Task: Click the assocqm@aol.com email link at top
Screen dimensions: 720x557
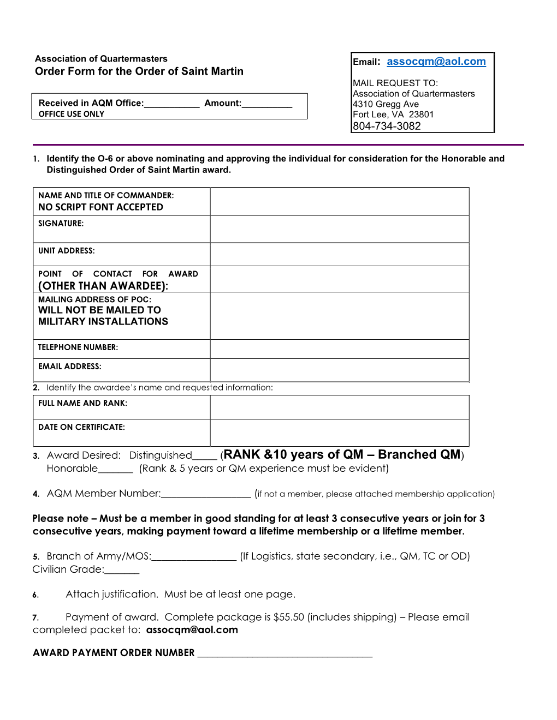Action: click(436, 62)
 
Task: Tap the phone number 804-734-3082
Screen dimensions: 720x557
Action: click(387, 126)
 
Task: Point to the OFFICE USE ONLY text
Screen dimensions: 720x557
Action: click(72, 114)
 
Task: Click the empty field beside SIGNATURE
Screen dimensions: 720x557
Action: click(339, 229)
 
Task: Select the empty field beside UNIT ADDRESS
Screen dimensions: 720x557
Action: click(339, 254)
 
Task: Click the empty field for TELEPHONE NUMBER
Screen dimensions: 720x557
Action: click(339, 349)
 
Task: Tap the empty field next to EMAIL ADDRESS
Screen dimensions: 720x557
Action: click(339, 370)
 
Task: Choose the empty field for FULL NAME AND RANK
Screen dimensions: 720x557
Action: click(339, 407)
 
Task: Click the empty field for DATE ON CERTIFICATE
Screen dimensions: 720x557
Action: click(339, 433)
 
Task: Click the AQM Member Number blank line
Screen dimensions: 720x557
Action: click(206, 495)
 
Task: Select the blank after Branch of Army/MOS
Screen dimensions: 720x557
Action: click(194, 558)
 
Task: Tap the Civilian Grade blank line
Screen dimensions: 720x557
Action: click(122, 571)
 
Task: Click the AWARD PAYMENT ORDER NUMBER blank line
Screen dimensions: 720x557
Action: click(285, 655)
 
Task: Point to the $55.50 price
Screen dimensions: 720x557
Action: click(288, 617)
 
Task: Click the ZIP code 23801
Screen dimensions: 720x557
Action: click(421, 115)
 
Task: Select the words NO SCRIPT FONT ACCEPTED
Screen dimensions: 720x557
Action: click(100, 207)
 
